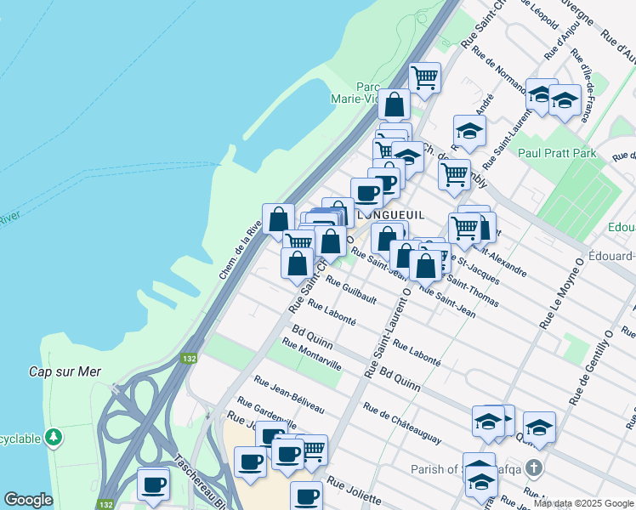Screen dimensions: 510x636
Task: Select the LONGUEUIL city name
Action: pyautogui.click(x=392, y=215)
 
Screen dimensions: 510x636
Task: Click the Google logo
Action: pyautogui.click(x=28, y=500)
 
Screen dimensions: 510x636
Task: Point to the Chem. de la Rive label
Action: pyautogui.click(x=241, y=251)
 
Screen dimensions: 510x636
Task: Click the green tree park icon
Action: pyautogui.click(x=54, y=437)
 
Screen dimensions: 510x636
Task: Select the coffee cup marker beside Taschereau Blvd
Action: pyautogui.click(x=153, y=484)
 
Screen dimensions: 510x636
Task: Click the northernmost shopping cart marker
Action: pyautogui.click(x=424, y=78)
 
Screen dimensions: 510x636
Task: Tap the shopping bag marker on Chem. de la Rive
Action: pyautogui.click(x=278, y=219)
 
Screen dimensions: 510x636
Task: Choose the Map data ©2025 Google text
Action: pyautogui.click(x=584, y=503)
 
